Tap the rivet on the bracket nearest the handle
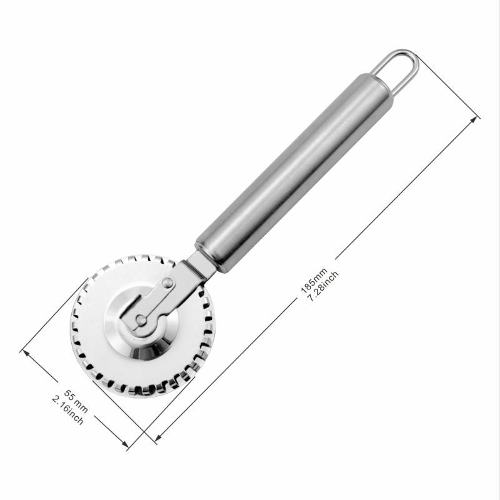[x=167, y=283]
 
